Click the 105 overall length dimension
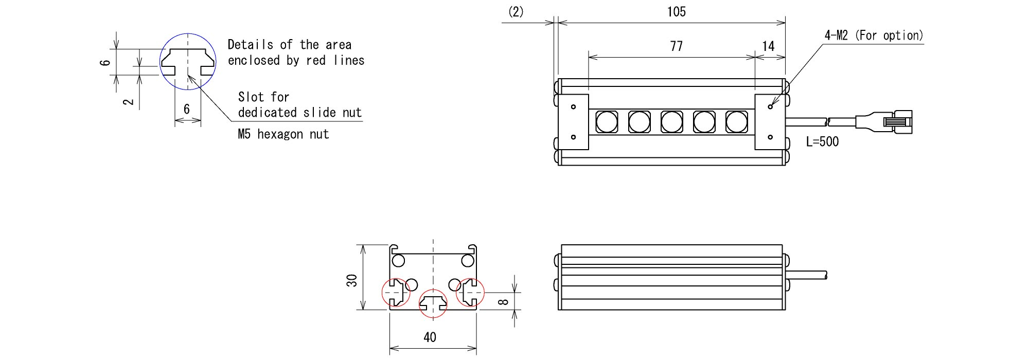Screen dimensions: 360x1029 click(676, 12)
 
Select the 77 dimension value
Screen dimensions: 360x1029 click(676, 46)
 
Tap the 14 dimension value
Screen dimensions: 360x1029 click(768, 46)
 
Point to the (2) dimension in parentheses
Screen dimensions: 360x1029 click(516, 12)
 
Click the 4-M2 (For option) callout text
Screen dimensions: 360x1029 click(874, 35)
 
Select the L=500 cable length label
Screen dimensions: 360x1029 click(822, 141)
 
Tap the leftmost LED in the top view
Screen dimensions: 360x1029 click(607, 122)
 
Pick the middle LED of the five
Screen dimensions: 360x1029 click(671, 122)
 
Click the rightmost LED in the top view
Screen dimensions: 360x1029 click(736, 122)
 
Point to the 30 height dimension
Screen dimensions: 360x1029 click(351, 280)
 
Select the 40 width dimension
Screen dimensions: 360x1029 click(430, 337)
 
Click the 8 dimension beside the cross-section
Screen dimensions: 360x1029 click(504, 301)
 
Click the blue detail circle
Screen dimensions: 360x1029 click(188, 62)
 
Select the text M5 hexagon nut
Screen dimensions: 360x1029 click(283, 134)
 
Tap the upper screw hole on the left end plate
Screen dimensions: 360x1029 click(573, 107)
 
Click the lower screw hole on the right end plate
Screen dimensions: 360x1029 click(770, 137)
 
